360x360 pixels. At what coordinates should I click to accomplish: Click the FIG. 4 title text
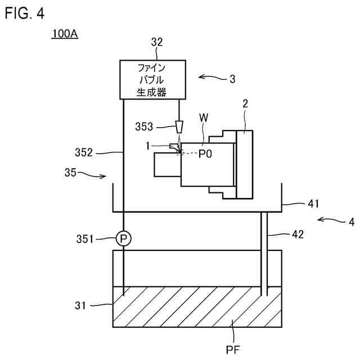point(24,13)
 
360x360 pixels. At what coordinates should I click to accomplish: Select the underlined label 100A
point(64,34)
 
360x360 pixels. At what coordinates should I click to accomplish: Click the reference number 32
point(157,42)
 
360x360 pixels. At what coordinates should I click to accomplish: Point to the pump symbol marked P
point(123,239)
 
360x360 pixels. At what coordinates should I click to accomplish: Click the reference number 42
point(298,234)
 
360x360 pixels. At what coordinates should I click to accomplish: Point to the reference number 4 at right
point(351,221)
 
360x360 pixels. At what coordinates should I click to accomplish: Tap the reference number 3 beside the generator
point(232,79)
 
